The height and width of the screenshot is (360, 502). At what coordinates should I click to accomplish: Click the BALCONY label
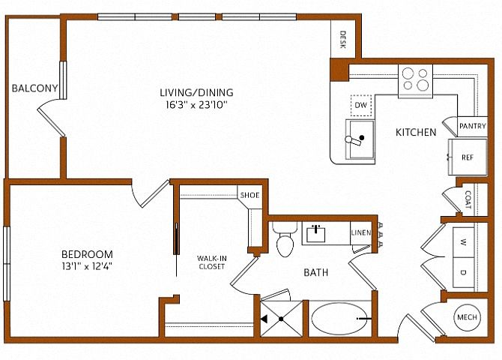click(35, 88)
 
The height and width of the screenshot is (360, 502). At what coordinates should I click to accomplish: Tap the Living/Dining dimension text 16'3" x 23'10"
click(196, 105)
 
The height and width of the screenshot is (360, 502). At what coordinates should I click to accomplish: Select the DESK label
click(343, 40)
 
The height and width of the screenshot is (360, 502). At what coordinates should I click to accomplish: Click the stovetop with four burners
click(415, 81)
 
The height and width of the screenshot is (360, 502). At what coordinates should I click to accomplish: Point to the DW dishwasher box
click(361, 106)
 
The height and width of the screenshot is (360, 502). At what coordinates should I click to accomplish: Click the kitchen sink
click(360, 139)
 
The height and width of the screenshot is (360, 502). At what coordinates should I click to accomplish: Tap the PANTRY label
click(473, 126)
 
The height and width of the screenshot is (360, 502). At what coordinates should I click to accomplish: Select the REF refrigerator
click(468, 157)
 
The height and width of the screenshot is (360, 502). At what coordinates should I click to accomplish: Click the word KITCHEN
click(416, 132)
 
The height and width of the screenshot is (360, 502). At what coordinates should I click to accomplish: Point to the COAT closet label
click(468, 199)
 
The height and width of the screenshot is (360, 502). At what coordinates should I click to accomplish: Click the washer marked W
click(464, 242)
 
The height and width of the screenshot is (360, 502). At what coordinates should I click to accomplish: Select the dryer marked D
click(464, 272)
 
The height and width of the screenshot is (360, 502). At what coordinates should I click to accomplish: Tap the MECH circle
click(467, 317)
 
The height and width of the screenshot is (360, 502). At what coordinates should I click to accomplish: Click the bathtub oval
click(339, 319)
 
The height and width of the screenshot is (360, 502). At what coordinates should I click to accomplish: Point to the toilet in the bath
click(284, 239)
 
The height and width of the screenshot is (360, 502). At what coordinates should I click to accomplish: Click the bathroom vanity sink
click(316, 234)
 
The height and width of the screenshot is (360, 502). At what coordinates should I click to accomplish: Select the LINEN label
click(361, 232)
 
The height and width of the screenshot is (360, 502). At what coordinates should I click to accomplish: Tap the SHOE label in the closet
click(250, 195)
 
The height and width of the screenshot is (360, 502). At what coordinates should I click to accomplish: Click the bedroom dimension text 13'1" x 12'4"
click(87, 267)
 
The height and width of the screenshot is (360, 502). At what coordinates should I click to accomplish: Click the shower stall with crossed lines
click(282, 319)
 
